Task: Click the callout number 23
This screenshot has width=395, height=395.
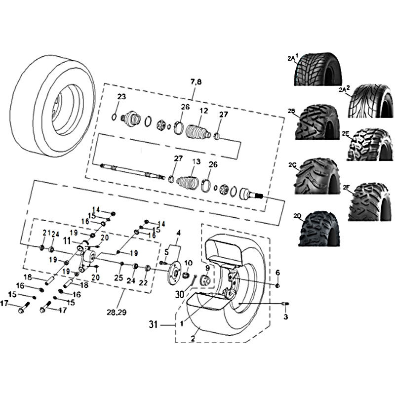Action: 121,97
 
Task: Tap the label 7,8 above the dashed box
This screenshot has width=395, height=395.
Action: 196,82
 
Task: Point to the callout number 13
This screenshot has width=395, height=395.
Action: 197,161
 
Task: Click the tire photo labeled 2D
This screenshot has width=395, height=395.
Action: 319,229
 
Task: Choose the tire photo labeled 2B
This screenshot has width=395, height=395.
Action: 317,122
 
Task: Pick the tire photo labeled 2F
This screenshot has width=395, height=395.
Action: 371,202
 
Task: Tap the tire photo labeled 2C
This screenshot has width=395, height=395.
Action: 317,176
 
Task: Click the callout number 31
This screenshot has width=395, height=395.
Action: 154,324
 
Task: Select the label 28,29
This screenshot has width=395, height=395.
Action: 117,313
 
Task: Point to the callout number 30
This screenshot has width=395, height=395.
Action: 179,294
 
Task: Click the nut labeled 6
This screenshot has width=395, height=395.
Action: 277,286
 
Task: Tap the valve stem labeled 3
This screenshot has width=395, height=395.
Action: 285,304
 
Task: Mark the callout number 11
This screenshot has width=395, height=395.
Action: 67,241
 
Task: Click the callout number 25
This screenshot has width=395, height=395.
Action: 118,277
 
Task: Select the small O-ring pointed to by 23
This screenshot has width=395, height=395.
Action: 114,117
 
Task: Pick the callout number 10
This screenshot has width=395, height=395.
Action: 188,263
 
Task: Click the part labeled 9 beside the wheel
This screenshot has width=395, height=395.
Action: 205,280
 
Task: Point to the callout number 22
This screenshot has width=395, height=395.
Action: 143,282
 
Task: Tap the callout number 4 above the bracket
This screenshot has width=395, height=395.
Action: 178,233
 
